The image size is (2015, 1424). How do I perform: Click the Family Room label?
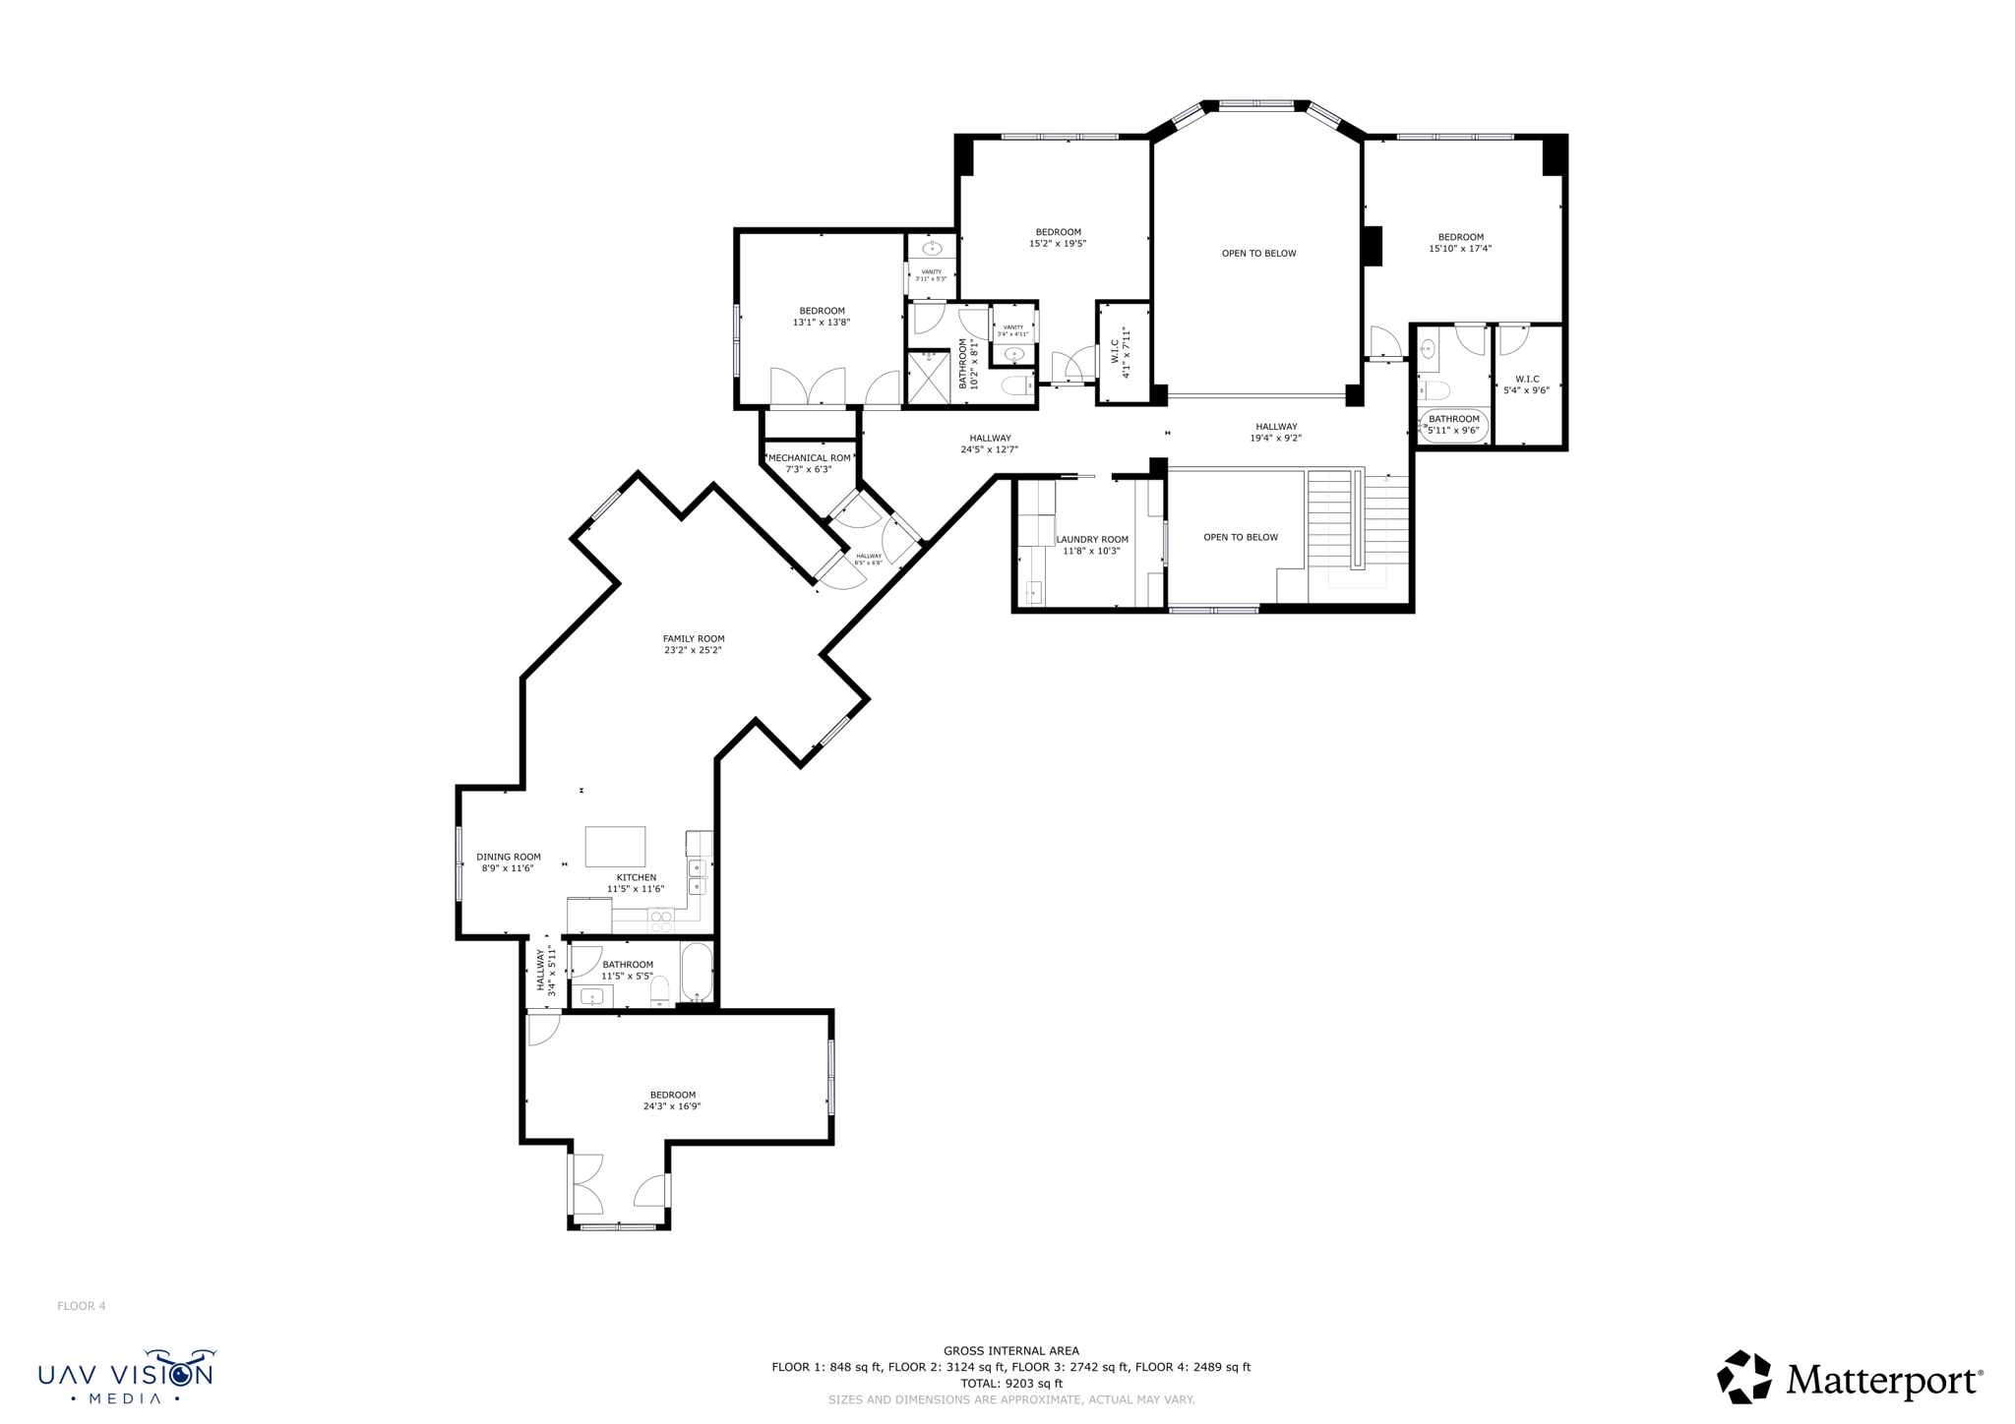pos(693,639)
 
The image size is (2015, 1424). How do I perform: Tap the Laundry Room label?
pos(1091,540)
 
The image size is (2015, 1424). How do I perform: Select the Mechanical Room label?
pos(809,458)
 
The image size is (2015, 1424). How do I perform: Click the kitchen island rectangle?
pos(615,846)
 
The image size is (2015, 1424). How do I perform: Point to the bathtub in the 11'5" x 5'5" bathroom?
pos(697,971)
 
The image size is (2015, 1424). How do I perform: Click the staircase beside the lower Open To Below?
pos(1356,521)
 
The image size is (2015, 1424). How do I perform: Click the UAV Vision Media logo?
pos(126,1376)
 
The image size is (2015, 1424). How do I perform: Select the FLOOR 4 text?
pos(82,1306)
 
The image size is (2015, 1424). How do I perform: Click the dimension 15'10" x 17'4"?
pos(1460,249)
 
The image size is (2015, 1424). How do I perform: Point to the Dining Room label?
pos(508,857)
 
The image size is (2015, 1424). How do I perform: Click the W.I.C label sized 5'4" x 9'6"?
pos(1526,380)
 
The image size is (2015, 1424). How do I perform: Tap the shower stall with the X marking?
pos(927,378)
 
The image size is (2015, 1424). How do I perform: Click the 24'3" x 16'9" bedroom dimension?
pos(672,1106)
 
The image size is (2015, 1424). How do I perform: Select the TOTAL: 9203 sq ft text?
pos(1010,1383)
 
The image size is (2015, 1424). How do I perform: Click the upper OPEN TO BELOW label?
pos(1258,254)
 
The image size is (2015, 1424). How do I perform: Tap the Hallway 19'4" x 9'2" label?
pos(1275,427)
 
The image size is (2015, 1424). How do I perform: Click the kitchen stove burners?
pos(661,921)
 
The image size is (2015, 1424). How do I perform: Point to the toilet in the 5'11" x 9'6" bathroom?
pos(1435,389)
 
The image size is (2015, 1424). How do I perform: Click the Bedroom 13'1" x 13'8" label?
pos(821,311)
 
